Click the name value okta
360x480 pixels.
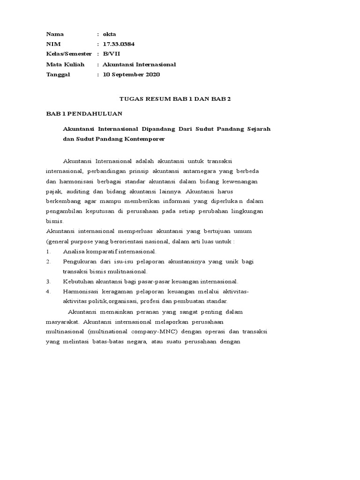pyautogui.click(x=110, y=34)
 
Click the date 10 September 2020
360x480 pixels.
pyautogui.click(x=131, y=75)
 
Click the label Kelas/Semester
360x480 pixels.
pyautogui.click(x=69, y=54)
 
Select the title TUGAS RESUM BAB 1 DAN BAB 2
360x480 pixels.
pyautogui.click(x=175, y=99)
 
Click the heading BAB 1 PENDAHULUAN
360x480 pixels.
pyautogui.click(x=84, y=114)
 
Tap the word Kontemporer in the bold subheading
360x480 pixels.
pyautogui.click(x=145, y=139)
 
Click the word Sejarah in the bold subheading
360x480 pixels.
pyautogui.click(x=258, y=128)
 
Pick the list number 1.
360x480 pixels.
pyautogui.click(x=48, y=252)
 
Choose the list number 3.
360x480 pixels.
pyautogui.click(x=48, y=282)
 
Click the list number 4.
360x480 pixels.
pyautogui.click(x=48, y=292)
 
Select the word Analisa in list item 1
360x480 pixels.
pyautogui.click(x=74, y=252)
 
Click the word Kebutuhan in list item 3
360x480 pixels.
pyautogui.click(x=78, y=282)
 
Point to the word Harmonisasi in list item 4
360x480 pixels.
pyautogui.click(x=81, y=292)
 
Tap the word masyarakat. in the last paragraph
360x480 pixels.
pyautogui.click(x=63, y=322)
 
